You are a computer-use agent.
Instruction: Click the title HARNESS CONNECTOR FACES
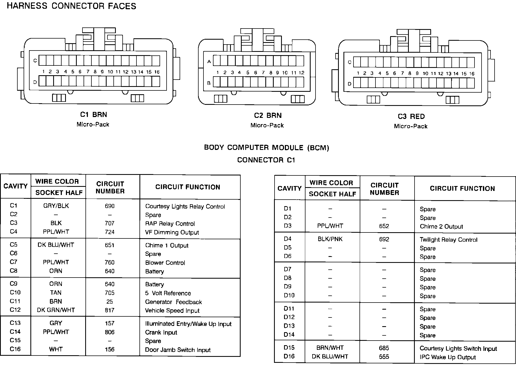tap(72, 6)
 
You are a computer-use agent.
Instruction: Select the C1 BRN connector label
tap(93, 115)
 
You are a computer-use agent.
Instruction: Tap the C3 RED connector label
tap(411, 117)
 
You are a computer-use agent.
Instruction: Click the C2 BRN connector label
tap(267, 115)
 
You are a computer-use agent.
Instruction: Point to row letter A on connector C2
tap(209, 62)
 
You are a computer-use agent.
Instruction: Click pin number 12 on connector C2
tap(301, 73)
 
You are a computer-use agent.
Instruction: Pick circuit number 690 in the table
tap(110, 206)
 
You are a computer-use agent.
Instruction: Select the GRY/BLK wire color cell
tap(56, 206)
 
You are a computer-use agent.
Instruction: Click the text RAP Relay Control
tap(170, 224)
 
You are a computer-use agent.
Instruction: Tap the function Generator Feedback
tap(173, 302)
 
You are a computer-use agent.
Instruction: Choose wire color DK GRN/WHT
tap(56, 310)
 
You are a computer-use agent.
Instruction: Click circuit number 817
tap(110, 310)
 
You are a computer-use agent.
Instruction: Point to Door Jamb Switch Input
tap(178, 350)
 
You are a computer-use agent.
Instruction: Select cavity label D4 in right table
tap(288, 239)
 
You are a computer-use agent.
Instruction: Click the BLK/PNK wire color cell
tap(330, 239)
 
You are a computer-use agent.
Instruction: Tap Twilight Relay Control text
tap(448, 240)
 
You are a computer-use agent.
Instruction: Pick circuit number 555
tap(384, 357)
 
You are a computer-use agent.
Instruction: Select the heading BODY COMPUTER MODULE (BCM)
tap(266, 148)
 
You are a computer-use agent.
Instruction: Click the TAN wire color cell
tap(56, 293)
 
